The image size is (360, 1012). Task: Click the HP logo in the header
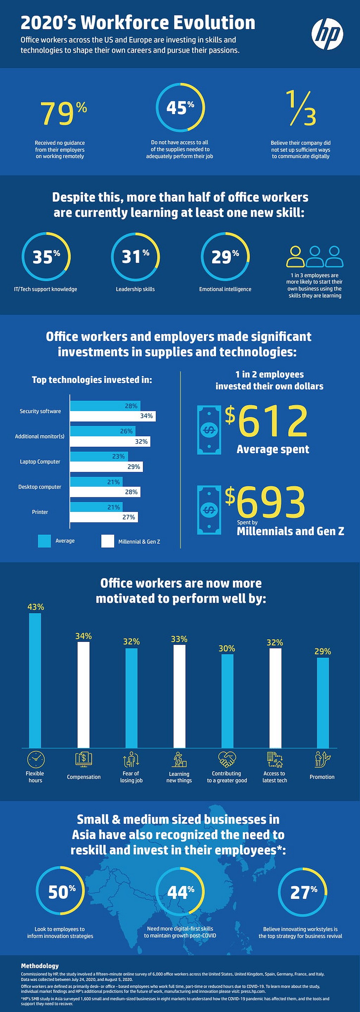point(327,34)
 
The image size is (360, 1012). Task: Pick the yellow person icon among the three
point(295,256)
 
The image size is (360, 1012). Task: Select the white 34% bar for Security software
point(113,416)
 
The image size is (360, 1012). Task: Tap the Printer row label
point(40,512)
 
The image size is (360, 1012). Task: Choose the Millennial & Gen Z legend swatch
point(107,541)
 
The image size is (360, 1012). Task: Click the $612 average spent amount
point(266,421)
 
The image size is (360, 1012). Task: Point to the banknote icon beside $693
point(209,510)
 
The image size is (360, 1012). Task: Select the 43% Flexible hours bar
point(35,680)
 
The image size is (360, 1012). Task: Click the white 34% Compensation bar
point(83,695)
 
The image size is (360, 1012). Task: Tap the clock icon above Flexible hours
point(36,760)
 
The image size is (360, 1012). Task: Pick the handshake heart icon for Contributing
point(227,759)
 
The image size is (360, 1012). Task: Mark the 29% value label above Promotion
point(322,651)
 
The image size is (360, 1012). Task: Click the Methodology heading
point(40,966)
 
